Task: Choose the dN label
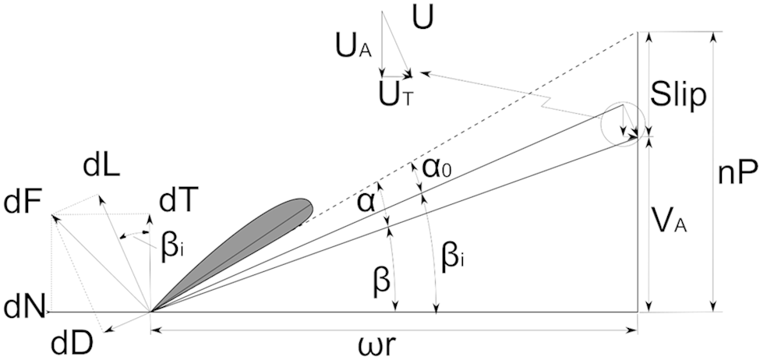click(x=22, y=308)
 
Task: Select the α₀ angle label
click(x=439, y=170)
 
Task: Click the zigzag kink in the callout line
click(x=548, y=103)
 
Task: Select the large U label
click(x=422, y=18)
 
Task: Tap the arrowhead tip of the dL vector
click(x=99, y=195)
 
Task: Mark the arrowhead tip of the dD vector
click(x=105, y=331)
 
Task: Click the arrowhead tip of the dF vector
click(x=52, y=216)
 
